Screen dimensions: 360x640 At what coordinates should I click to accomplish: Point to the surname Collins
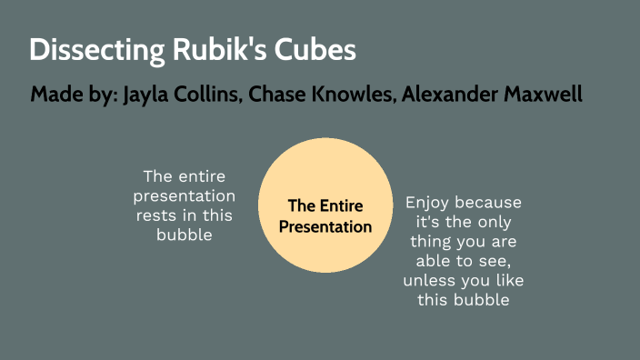pos(208,95)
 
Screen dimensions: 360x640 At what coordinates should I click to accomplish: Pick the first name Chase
pos(280,95)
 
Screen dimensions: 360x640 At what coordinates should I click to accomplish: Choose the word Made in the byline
pos(55,95)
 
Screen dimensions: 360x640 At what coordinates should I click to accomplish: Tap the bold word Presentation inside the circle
pos(325,226)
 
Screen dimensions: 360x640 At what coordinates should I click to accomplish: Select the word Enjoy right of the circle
pos(428,203)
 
